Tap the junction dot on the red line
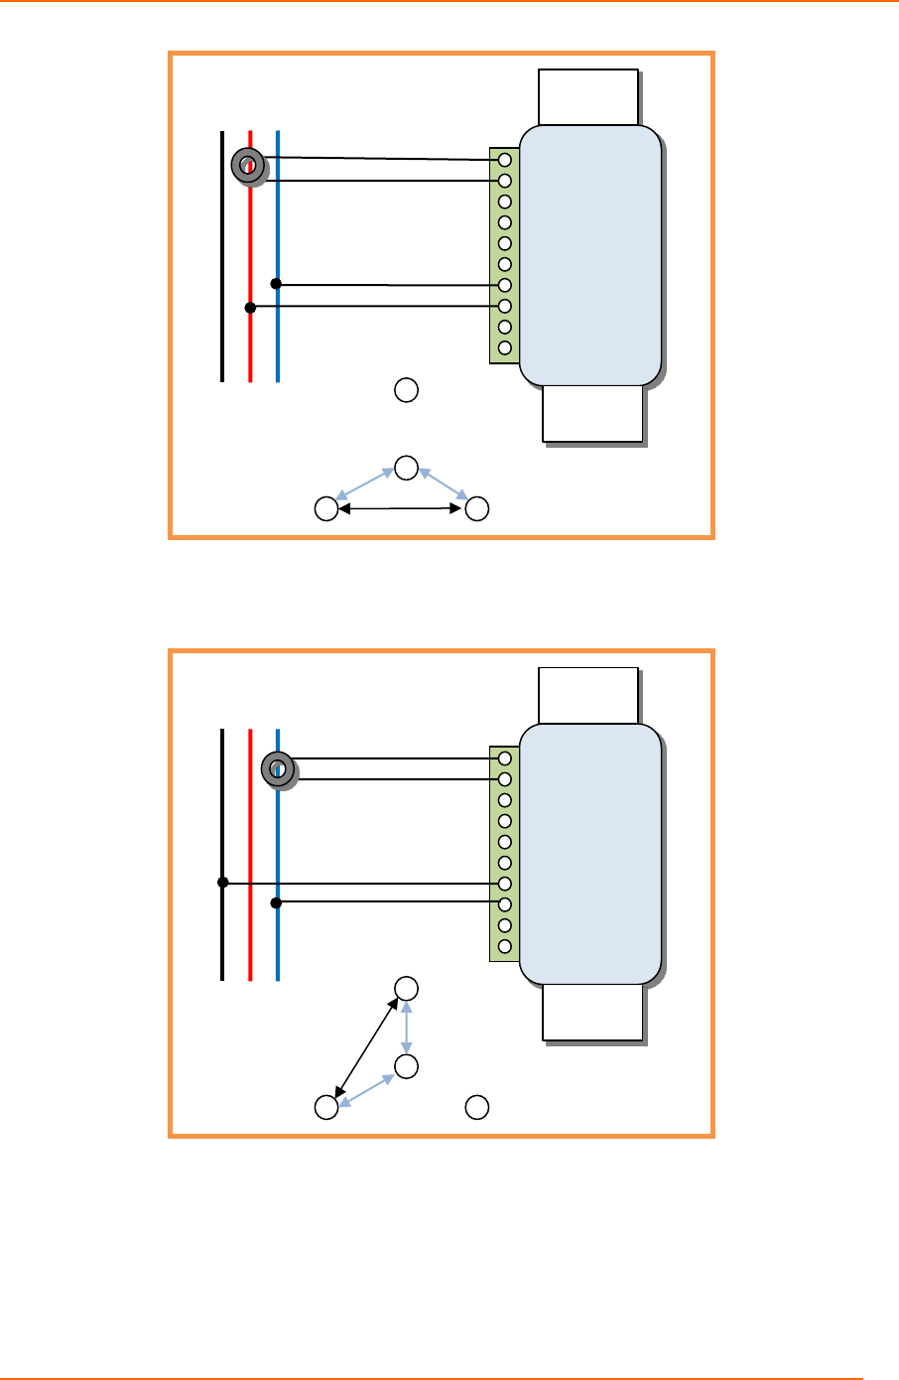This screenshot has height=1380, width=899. click(x=250, y=308)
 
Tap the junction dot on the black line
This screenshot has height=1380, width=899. click(x=223, y=882)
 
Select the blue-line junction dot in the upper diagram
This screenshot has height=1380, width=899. click(x=277, y=284)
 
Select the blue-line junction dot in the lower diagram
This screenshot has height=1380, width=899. click(x=277, y=902)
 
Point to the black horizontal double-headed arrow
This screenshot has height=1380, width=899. click(x=401, y=509)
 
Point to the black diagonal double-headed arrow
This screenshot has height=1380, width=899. click(x=368, y=1047)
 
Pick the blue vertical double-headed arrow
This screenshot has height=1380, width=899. click(x=406, y=1028)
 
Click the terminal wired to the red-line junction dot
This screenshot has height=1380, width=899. click(x=505, y=306)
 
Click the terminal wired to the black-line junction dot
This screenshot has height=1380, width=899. click(x=505, y=884)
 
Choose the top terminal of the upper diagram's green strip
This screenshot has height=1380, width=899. click(x=505, y=160)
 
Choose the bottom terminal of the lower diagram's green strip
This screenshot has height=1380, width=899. click(x=505, y=946)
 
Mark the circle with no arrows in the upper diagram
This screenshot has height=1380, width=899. click(x=406, y=390)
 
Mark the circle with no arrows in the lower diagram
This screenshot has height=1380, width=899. click(x=477, y=1107)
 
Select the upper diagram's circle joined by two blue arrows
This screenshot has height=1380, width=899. click(x=406, y=467)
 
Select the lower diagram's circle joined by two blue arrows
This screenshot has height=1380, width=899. click(x=406, y=1067)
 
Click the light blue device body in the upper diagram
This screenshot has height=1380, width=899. click(x=589, y=255)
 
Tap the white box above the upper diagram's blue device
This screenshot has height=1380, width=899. click(x=587, y=97)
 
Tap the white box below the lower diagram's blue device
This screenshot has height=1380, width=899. click(x=592, y=1013)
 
